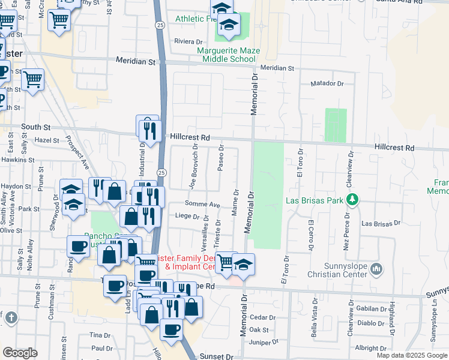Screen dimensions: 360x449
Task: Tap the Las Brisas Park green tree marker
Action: [x=354, y=199]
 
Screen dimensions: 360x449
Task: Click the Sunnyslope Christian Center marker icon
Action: [x=376, y=268]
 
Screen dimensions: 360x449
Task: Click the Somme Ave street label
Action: [x=206, y=205]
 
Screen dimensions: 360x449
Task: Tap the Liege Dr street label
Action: [x=187, y=216]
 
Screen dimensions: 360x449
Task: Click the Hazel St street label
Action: [x=47, y=140]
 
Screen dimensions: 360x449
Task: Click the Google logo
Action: [x=20, y=353]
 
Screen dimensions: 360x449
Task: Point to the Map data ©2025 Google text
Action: [x=412, y=355]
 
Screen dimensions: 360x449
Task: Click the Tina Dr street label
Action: [x=100, y=335]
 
